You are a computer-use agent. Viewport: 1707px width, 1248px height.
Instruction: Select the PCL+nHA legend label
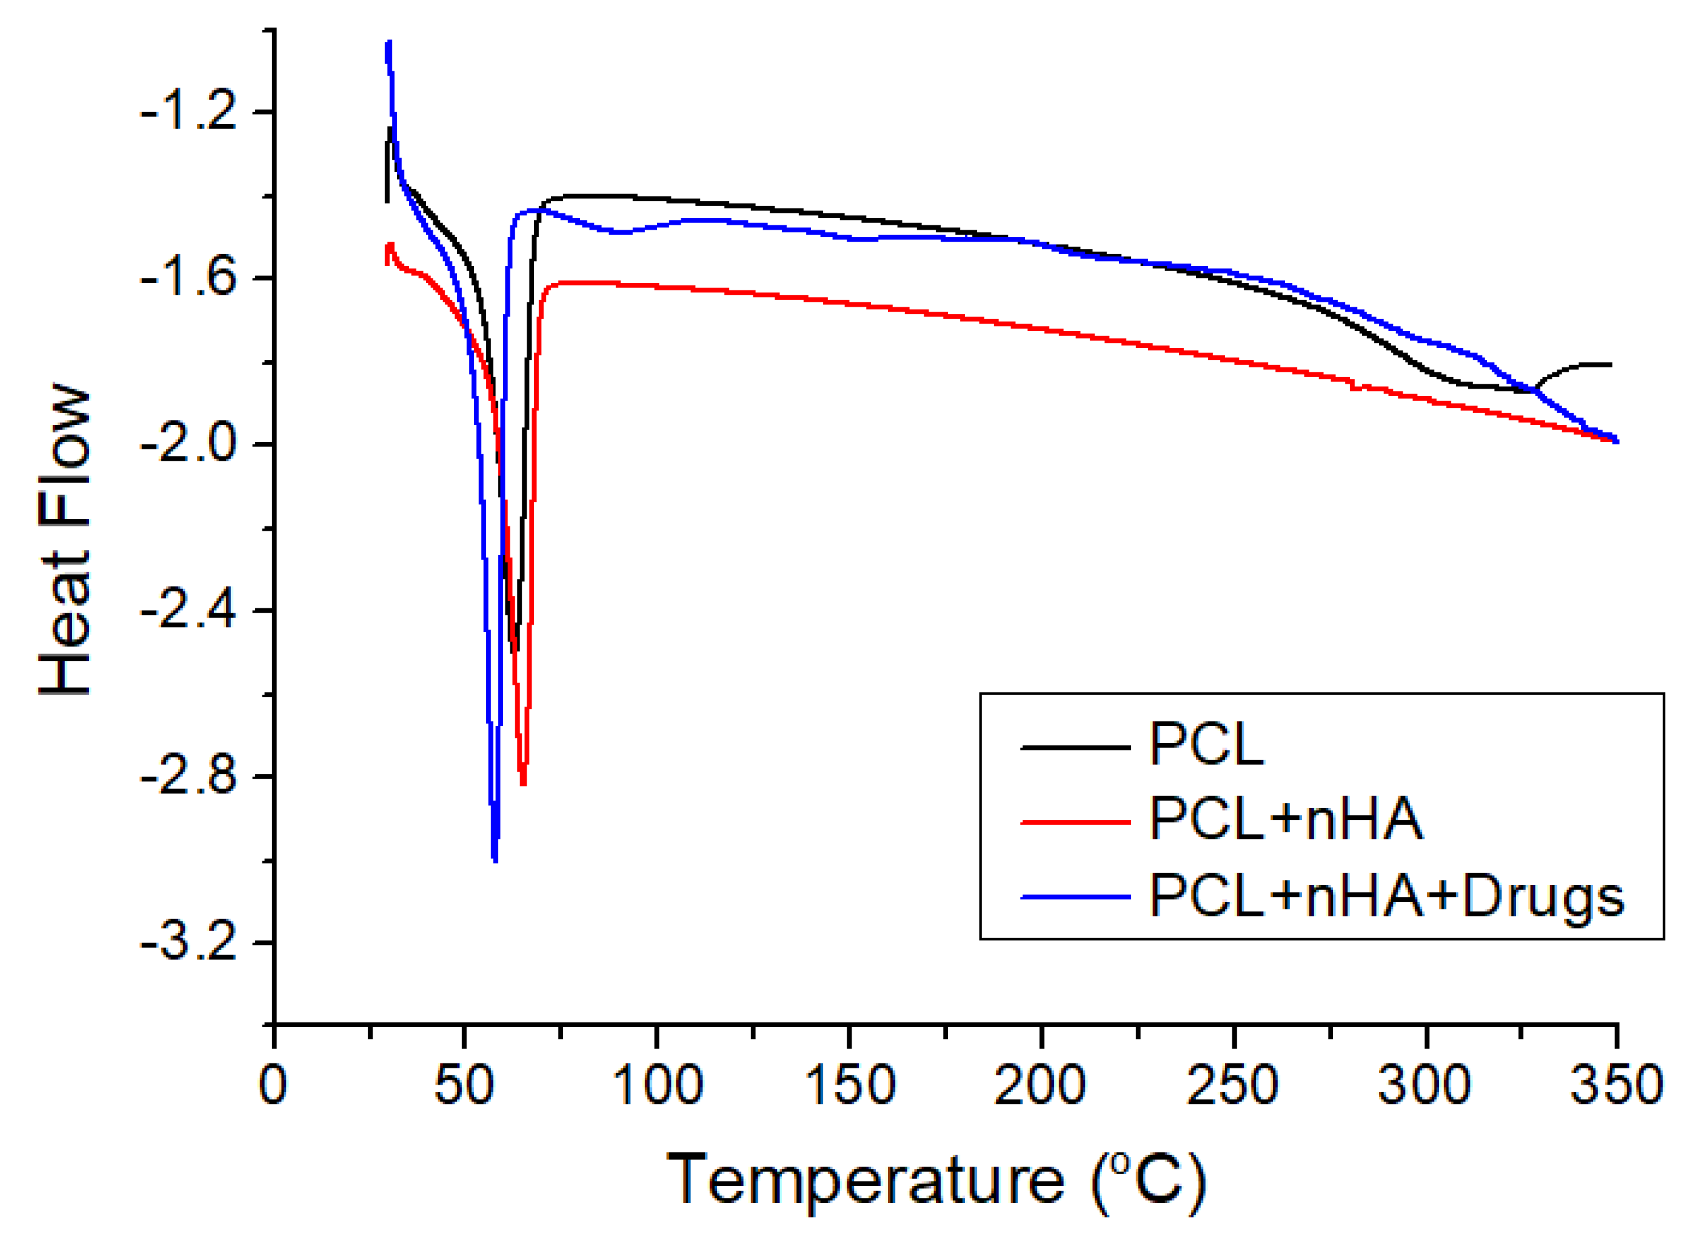[x=1286, y=820]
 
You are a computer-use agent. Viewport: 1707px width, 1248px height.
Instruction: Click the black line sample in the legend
[x=1075, y=747]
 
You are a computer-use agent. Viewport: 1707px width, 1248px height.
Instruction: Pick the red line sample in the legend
[x=1075, y=821]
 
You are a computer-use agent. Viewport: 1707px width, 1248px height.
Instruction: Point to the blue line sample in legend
[x=1075, y=897]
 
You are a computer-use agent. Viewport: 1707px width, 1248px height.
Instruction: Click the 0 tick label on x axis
[x=273, y=1085]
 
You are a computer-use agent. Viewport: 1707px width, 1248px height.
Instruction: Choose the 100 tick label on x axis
[x=657, y=1085]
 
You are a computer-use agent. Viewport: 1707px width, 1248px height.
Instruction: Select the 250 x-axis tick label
[x=1232, y=1085]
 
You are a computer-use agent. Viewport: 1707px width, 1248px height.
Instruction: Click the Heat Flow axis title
[x=66, y=541]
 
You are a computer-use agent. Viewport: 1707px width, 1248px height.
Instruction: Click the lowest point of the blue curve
[x=494, y=859]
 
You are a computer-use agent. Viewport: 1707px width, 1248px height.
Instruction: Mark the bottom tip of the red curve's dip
[x=523, y=784]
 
